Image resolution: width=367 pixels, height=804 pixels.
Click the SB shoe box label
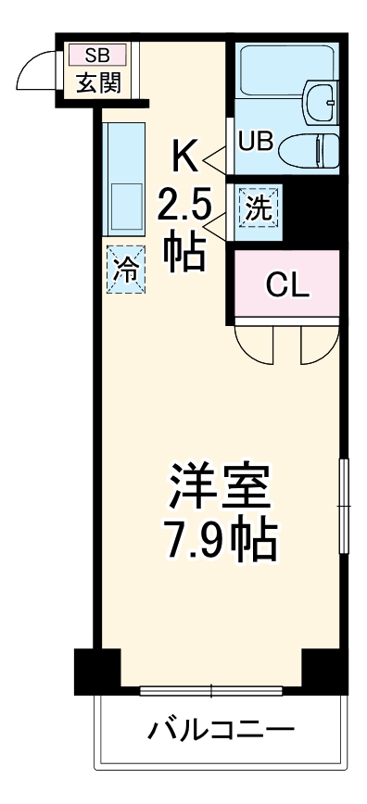click(96, 54)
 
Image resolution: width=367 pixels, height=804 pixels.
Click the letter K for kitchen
click(183, 158)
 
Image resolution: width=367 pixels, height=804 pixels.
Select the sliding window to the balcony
click(211, 690)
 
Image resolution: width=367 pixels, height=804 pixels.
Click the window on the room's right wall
click(345, 506)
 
